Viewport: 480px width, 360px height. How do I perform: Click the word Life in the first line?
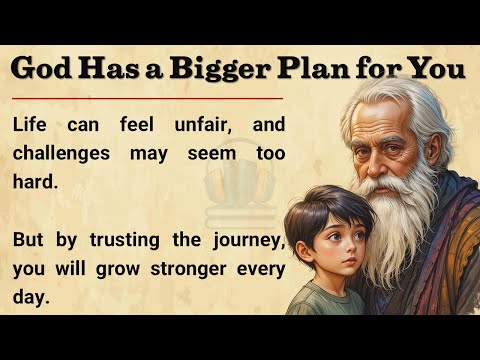pyautogui.click(x=35, y=127)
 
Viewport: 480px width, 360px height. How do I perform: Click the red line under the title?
pyautogui.click(x=150, y=99)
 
